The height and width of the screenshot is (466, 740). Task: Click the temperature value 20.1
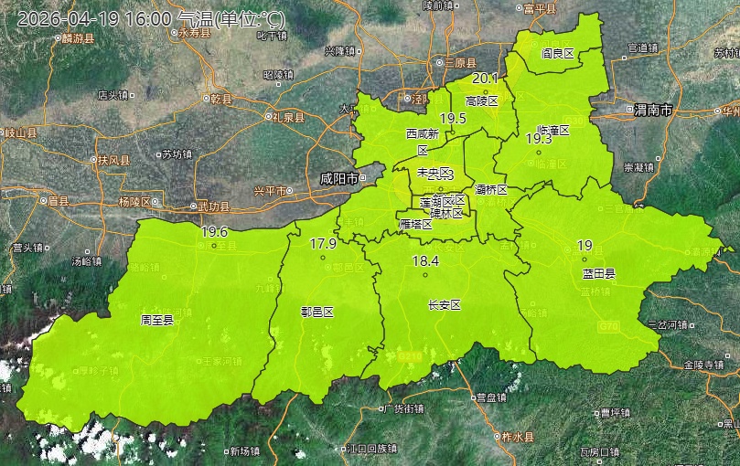(x=485, y=79)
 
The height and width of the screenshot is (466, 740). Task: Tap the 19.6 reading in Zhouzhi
(x=214, y=232)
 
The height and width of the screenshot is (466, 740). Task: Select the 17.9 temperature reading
(x=323, y=244)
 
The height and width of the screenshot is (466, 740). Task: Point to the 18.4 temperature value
(x=425, y=261)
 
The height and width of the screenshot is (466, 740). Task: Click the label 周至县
(x=157, y=320)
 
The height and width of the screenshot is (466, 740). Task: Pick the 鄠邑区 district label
(x=317, y=311)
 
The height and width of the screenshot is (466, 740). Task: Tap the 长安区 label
(x=444, y=304)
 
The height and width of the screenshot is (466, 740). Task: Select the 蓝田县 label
(x=598, y=273)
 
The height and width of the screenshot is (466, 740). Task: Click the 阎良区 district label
(x=557, y=54)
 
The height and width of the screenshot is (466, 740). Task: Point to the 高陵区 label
(x=481, y=101)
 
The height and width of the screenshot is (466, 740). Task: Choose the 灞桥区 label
(x=491, y=190)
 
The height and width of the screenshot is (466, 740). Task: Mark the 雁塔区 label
(x=415, y=224)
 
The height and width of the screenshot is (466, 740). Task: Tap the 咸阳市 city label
(x=338, y=178)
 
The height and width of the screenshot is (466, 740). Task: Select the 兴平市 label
(x=270, y=191)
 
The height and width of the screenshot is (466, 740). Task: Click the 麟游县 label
(x=74, y=38)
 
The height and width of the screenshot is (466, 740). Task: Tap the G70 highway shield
(x=609, y=325)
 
